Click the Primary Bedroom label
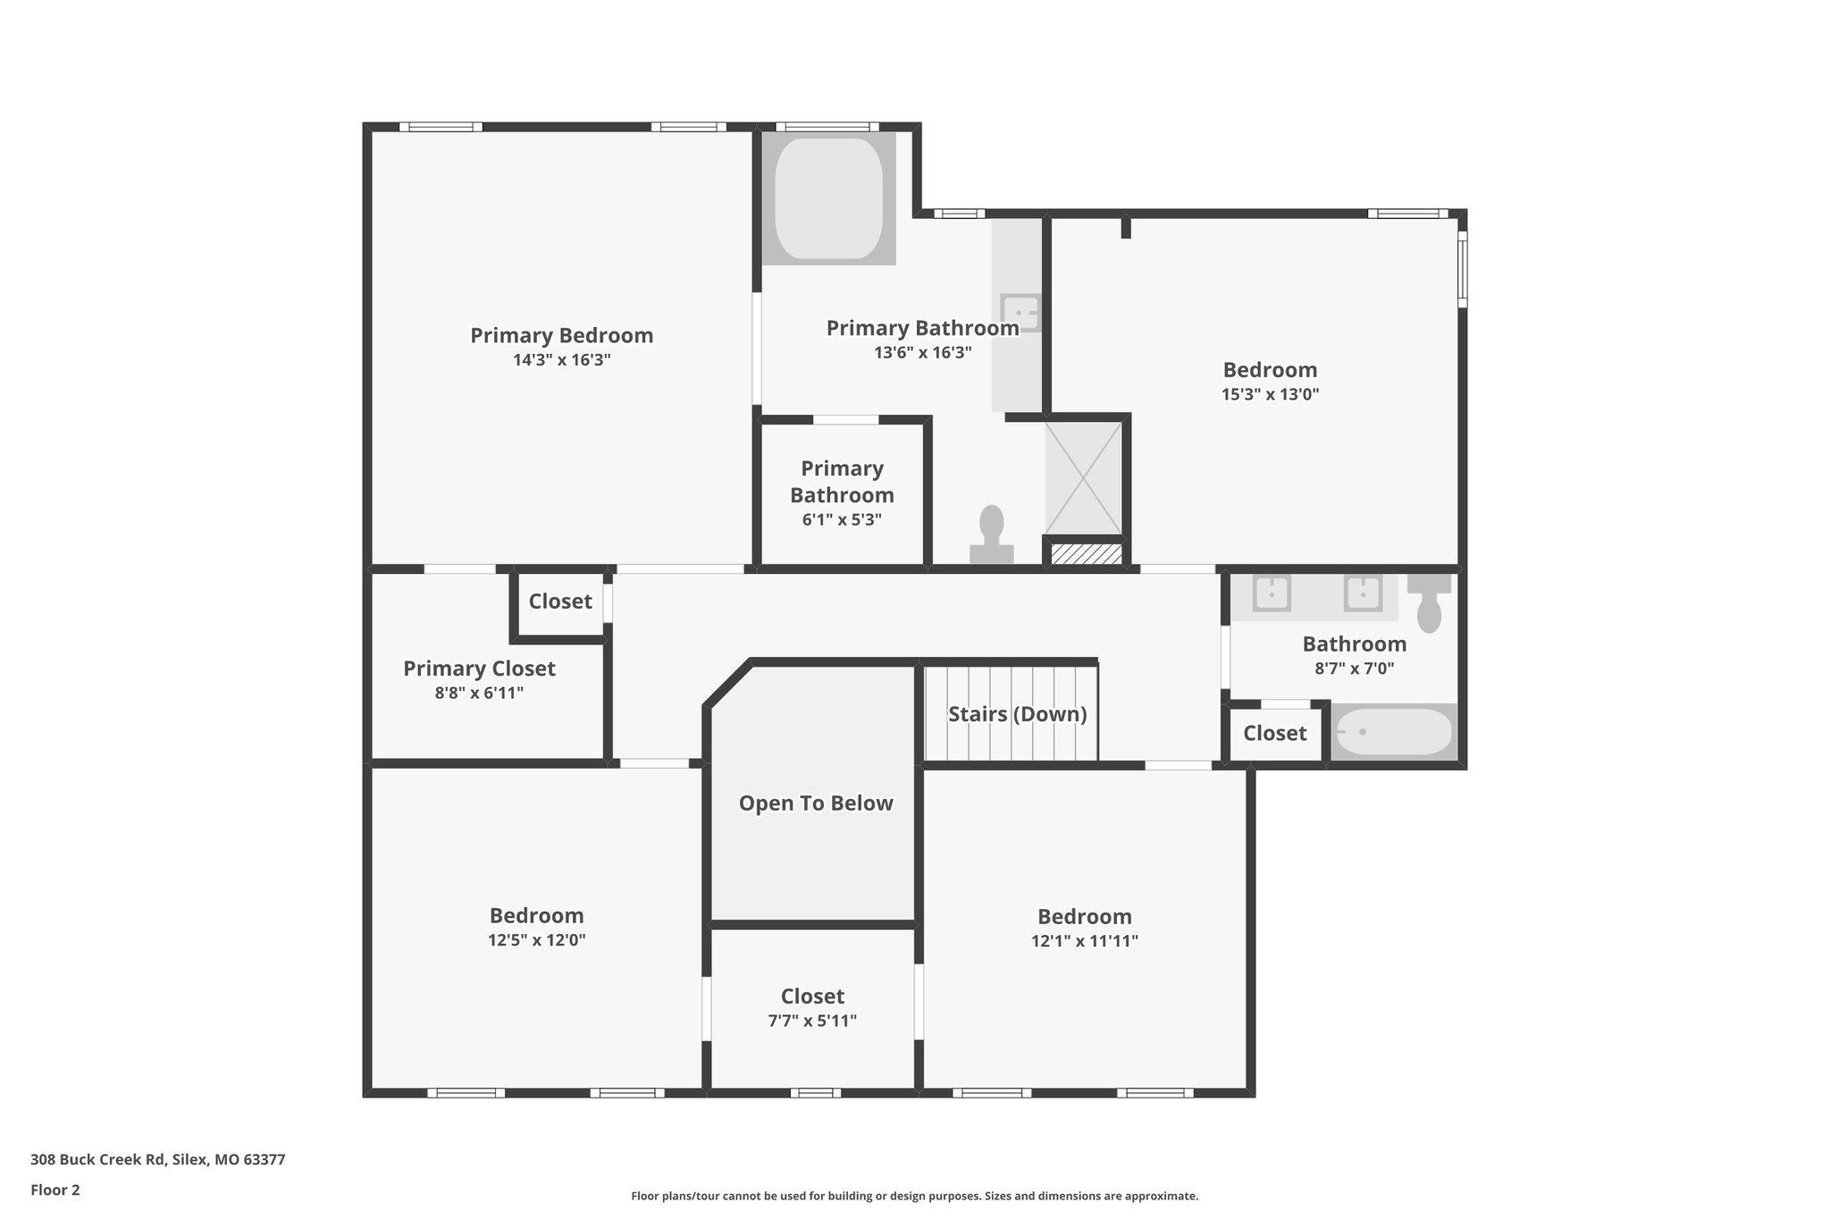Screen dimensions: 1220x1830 coord(561,335)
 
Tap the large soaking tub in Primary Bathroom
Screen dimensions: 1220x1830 coord(828,198)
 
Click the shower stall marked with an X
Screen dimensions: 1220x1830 coord(1083,478)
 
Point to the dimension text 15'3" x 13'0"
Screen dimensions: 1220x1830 coord(1270,394)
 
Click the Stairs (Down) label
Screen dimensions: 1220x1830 coord(1017,714)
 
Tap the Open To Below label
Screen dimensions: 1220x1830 coord(815,803)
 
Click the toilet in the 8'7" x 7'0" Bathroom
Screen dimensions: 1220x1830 coord(1429,603)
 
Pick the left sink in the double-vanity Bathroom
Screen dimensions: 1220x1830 coord(1271,593)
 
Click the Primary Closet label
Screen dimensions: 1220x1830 coord(479,669)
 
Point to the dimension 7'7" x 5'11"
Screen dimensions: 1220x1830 coord(812,1021)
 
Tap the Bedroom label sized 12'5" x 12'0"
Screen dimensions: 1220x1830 coord(536,915)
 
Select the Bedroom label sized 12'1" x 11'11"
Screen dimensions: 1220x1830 coord(1084,916)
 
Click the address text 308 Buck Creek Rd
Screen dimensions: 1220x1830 coord(98,1160)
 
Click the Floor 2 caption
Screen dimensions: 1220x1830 coord(55,1190)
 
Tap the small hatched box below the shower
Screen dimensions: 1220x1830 coord(1085,554)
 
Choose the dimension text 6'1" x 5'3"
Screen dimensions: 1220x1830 coord(842,519)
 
